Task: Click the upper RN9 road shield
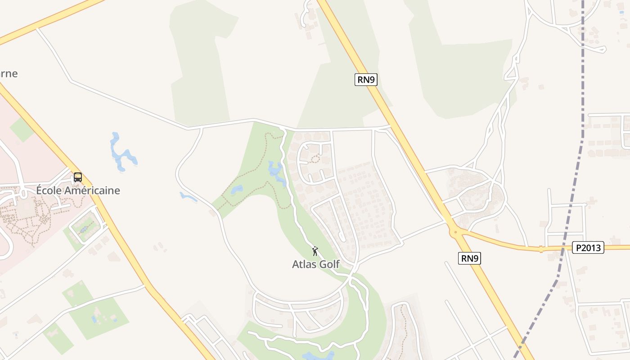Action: point(366,80)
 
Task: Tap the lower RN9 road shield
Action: point(470,258)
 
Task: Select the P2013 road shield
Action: point(588,247)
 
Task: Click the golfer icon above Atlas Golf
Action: point(315,251)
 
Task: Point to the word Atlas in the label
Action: point(304,264)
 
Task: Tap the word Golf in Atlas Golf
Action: point(329,264)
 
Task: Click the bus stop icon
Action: point(78,177)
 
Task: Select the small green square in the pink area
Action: point(22,130)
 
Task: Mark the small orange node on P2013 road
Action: point(541,248)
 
